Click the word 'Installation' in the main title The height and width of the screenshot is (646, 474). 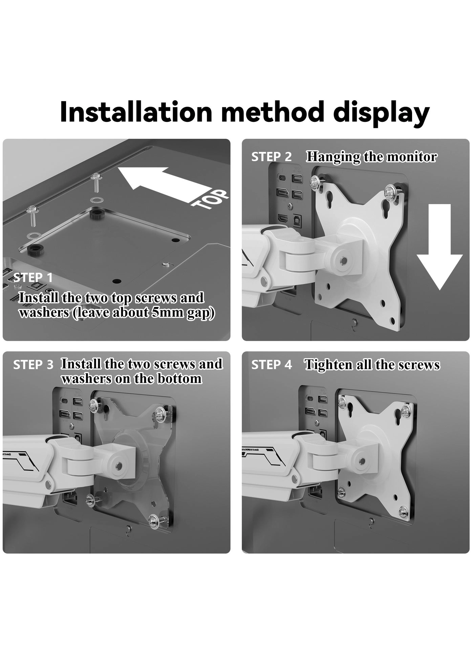point(136,112)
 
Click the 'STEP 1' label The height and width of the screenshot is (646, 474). point(33,277)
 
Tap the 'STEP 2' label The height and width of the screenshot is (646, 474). point(271,157)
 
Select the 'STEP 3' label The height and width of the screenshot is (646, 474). point(33,365)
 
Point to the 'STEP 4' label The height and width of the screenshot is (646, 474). point(272,365)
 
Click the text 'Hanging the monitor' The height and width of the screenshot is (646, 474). point(371,157)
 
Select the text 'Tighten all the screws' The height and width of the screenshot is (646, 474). point(372,365)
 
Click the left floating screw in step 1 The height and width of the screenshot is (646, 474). point(33,217)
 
